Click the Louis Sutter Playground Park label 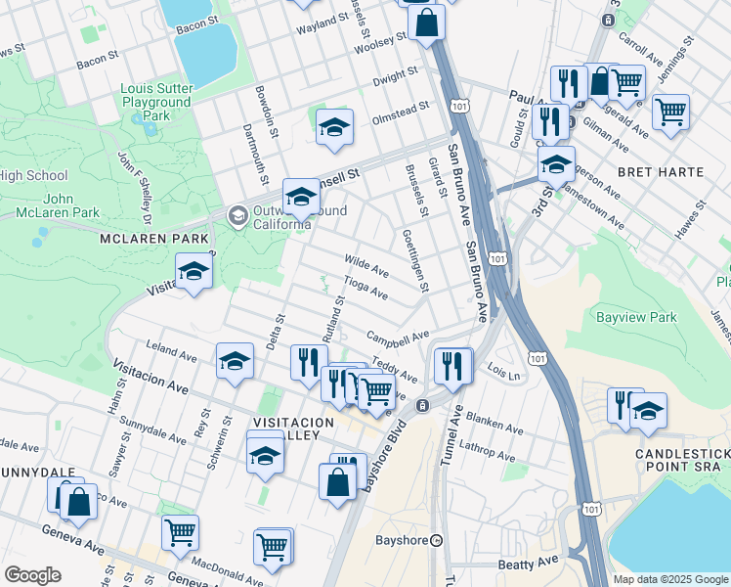(x=156, y=102)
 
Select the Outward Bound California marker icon (x=236, y=214)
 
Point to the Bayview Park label (x=636, y=318)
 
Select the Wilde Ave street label (x=366, y=265)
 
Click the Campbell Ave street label (x=398, y=337)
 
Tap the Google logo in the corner (x=31, y=575)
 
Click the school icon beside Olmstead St (x=334, y=127)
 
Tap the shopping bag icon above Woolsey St (x=427, y=22)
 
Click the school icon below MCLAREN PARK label (x=193, y=271)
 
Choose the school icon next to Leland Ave (x=235, y=362)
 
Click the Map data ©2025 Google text (x=670, y=579)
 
